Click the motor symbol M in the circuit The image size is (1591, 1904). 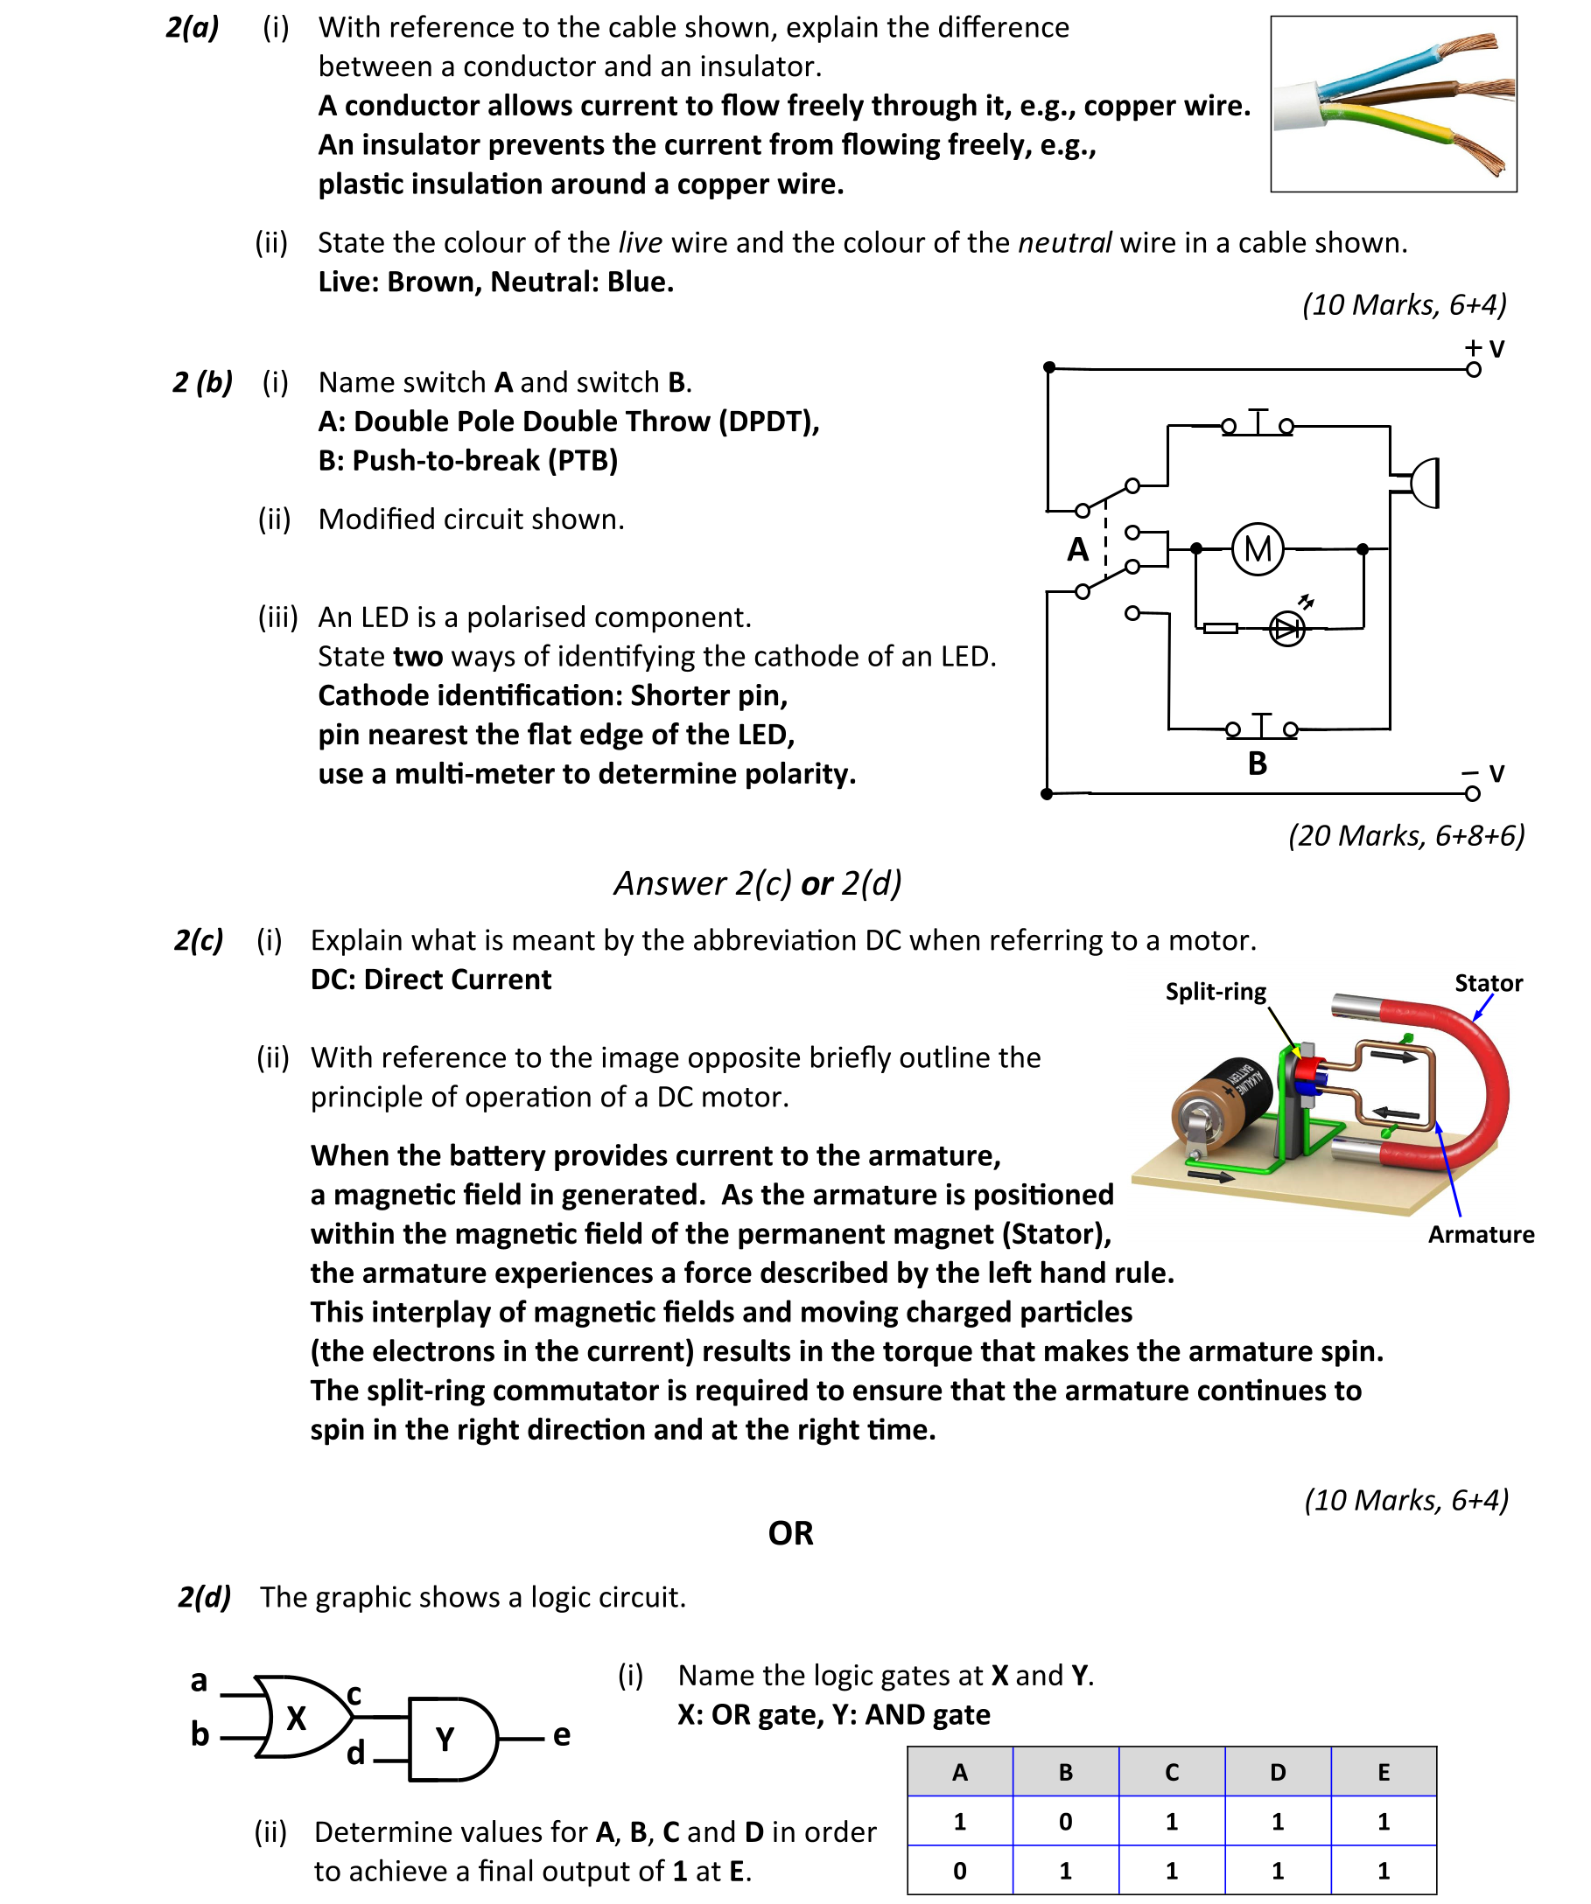pos(1258,548)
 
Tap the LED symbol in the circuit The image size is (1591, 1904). pos(1287,628)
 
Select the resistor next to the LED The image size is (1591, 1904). pos(1220,627)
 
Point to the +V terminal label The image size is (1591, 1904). pos(1485,349)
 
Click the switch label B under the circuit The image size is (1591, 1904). pos(1258,764)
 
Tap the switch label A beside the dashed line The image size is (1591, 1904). pos(1077,549)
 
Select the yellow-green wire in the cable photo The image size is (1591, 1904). pos(1388,123)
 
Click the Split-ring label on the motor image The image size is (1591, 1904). pos(1216,991)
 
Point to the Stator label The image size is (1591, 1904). pos(1488,983)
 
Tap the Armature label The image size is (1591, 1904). pos(1481,1234)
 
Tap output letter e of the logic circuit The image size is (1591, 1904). pos(562,1734)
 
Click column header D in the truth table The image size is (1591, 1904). pos(1277,1772)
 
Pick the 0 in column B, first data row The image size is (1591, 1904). pos(1065,1822)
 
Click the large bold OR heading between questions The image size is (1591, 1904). pos(790,1533)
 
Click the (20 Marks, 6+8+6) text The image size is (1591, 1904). pos(1406,835)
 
